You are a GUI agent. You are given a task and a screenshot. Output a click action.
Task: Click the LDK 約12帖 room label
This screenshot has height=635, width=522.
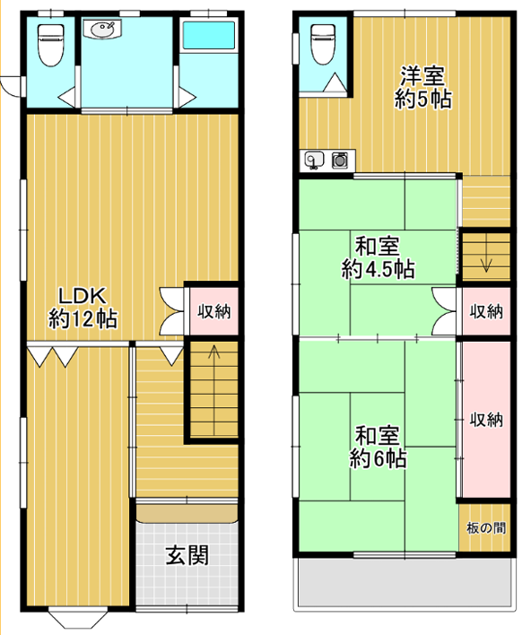coord(83,308)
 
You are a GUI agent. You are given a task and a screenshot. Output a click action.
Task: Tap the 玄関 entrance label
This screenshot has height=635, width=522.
coord(187,555)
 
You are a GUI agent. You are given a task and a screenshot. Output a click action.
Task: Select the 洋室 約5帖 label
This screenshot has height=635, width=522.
coord(423,87)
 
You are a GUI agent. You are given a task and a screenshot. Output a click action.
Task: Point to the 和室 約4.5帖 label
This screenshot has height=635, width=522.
coord(378,257)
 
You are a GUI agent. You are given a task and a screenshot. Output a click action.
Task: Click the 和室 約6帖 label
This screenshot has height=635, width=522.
coord(378,447)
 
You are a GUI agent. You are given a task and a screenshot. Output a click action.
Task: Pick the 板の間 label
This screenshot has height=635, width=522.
coord(486,528)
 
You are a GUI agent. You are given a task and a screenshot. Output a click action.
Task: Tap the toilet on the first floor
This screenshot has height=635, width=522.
coord(50,45)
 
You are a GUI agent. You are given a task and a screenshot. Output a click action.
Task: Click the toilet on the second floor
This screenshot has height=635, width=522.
coord(323,44)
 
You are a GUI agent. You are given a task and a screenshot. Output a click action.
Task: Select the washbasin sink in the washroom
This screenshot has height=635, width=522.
coord(103,30)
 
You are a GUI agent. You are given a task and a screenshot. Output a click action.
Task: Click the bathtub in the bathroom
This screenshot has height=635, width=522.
coord(209,35)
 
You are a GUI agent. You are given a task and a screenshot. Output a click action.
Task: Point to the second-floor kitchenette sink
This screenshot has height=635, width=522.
coord(315,160)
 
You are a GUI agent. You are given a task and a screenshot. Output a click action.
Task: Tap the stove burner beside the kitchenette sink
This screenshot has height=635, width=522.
coord(340,160)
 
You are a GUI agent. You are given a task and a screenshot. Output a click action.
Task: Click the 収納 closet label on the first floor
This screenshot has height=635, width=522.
coord(214,311)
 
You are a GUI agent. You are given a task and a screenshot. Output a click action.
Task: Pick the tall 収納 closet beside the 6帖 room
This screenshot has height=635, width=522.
coord(486,420)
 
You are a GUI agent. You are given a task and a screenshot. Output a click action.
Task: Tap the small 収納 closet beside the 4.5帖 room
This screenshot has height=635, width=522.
coord(486,311)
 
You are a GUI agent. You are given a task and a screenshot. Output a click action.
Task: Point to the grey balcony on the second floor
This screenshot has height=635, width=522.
coord(405,582)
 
